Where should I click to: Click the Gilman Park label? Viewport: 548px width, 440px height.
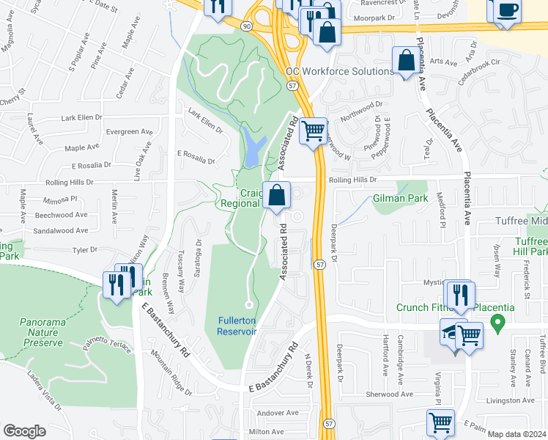coord(400,198)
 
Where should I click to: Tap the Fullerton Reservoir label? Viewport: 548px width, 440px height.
coord(237,326)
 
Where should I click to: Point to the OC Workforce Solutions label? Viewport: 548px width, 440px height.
coord(340,72)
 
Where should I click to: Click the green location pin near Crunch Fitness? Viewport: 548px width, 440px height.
coord(498,322)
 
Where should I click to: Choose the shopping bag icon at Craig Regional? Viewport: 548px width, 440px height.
coord(277,196)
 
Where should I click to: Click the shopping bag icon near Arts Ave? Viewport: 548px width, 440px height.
coord(405,62)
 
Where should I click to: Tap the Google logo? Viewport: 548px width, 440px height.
coord(24,431)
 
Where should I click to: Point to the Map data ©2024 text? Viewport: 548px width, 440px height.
coord(516,434)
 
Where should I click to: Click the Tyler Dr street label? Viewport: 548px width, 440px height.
coord(84,250)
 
